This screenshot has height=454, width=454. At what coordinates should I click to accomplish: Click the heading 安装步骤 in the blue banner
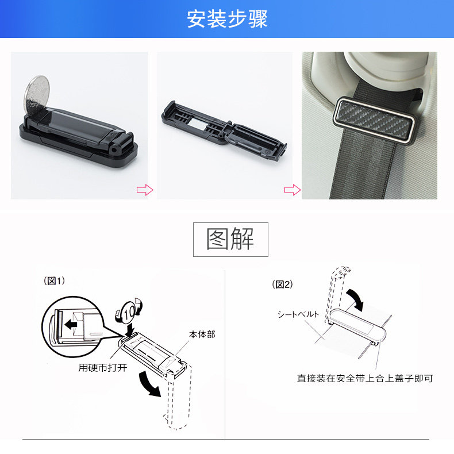pyautogui.click(x=227, y=19)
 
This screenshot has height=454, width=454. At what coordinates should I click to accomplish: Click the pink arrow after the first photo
pyautogui.click(x=145, y=190)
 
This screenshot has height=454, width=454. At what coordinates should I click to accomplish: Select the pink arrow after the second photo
pyautogui.click(x=293, y=190)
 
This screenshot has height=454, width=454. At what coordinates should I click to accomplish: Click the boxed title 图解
pyautogui.click(x=230, y=239)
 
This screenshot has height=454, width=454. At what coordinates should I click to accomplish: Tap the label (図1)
pyautogui.click(x=54, y=280)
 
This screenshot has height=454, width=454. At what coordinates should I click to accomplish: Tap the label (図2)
pyautogui.click(x=282, y=284)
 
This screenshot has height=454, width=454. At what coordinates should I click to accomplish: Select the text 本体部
pyautogui.click(x=202, y=334)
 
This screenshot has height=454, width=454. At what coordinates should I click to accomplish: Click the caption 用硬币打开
pyautogui.click(x=103, y=368)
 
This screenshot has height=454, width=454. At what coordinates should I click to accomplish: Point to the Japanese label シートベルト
pyautogui.click(x=298, y=314)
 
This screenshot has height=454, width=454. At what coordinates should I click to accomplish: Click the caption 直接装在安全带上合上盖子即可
pyautogui.click(x=365, y=378)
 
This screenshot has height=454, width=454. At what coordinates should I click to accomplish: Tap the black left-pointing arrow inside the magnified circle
pyautogui.click(x=71, y=324)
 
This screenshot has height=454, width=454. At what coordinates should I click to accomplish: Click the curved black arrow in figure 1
pyautogui.click(x=148, y=384)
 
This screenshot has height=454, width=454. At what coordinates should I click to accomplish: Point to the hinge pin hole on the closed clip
pyautogui.click(x=115, y=150)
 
